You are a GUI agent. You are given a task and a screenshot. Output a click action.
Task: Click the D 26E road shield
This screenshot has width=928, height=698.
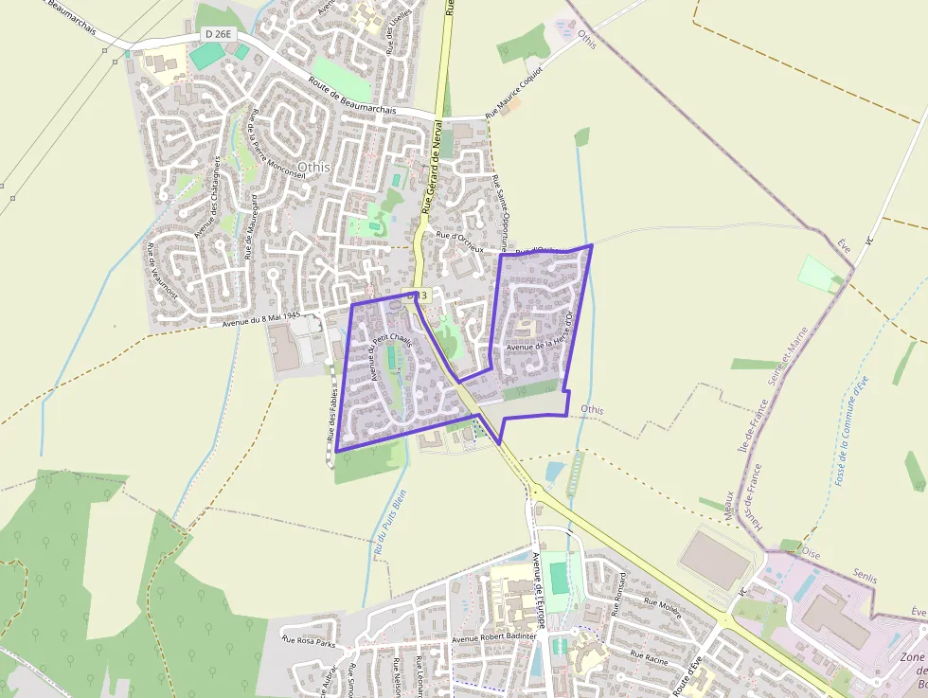(217, 34)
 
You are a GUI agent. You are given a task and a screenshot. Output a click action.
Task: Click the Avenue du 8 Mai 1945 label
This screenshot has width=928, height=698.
(260, 320)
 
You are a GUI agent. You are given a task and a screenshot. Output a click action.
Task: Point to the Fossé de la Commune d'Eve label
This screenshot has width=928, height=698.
(851, 431)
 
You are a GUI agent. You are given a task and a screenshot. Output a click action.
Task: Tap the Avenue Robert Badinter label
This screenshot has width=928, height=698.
(493, 636)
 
